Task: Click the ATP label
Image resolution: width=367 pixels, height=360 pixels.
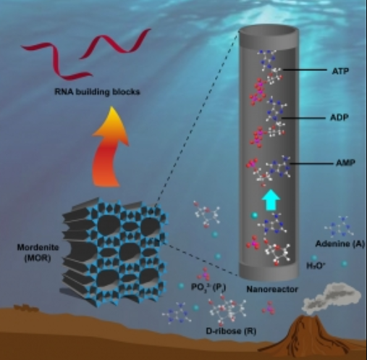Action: (340, 71)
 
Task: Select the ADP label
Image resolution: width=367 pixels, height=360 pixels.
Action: (339, 117)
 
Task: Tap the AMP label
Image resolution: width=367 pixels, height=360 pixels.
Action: (345, 163)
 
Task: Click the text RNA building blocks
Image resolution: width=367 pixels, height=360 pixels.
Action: (97, 92)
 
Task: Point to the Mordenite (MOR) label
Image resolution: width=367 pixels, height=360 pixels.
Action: (38, 253)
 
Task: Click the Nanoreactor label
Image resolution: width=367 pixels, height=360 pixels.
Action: (272, 289)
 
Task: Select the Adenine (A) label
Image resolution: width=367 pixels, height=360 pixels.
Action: (339, 244)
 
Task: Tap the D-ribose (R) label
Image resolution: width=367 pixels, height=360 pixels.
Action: (231, 331)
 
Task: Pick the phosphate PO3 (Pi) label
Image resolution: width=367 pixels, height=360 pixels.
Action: (208, 287)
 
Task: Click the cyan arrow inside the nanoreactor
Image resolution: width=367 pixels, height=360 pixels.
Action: (271, 199)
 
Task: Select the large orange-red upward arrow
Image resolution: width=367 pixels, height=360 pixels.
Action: (110, 147)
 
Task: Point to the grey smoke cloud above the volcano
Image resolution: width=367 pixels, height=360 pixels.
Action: (332, 299)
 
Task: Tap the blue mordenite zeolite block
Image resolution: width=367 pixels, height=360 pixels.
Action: (115, 252)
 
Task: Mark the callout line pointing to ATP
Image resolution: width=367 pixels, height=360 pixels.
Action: (304, 70)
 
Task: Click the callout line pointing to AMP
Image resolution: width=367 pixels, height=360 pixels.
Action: (311, 164)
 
